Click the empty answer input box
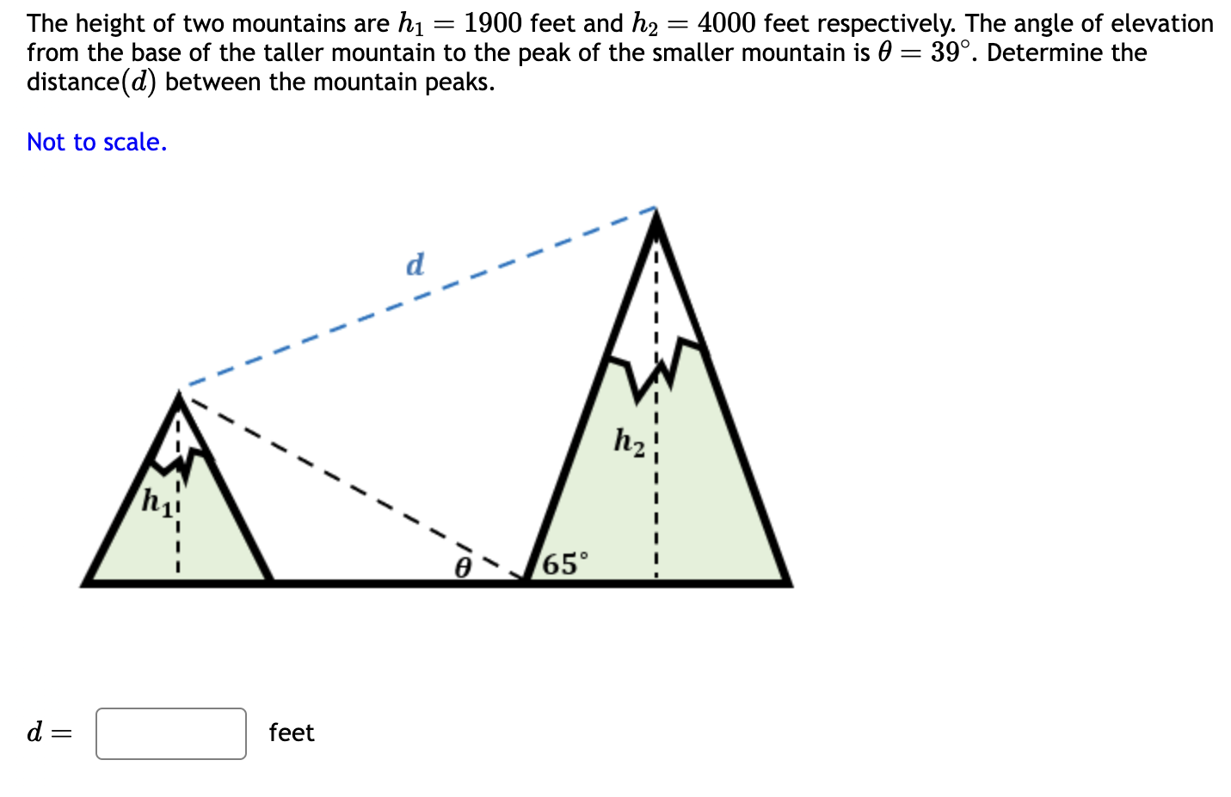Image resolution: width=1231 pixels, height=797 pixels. coord(171,733)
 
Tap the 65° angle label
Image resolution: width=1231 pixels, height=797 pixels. coord(566,564)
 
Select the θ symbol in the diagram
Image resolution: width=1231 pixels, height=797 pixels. coord(463,567)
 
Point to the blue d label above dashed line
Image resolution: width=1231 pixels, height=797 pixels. coord(415,264)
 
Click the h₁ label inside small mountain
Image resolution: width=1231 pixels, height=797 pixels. coord(157,500)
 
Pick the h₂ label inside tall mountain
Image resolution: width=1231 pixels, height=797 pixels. coord(630,441)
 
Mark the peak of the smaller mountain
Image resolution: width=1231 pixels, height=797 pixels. coord(179,396)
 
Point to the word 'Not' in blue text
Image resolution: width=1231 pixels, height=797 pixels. coord(46,142)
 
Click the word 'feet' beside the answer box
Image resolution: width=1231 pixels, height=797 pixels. coord(292,733)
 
